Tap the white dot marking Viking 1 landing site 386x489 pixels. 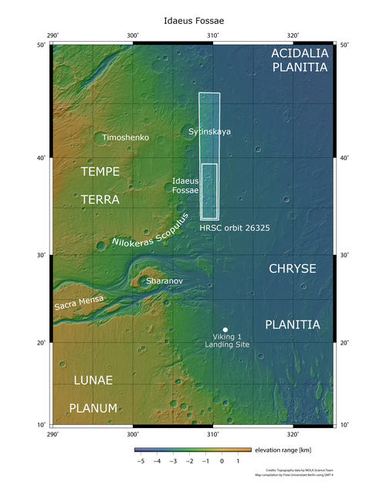tap(225, 330)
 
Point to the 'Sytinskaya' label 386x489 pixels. tap(209, 133)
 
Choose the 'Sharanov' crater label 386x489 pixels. tap(164, 281)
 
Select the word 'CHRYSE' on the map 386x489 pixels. tap(292, 269)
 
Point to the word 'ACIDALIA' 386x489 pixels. tap(300, 53)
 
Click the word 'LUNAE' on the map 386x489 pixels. tap(93, 381)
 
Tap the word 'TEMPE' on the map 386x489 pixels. tap(100, 171)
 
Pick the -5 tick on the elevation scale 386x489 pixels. tap(141, 460)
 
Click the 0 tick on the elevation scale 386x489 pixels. tap(222, 460)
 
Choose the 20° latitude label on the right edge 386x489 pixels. tap(344, 343)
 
